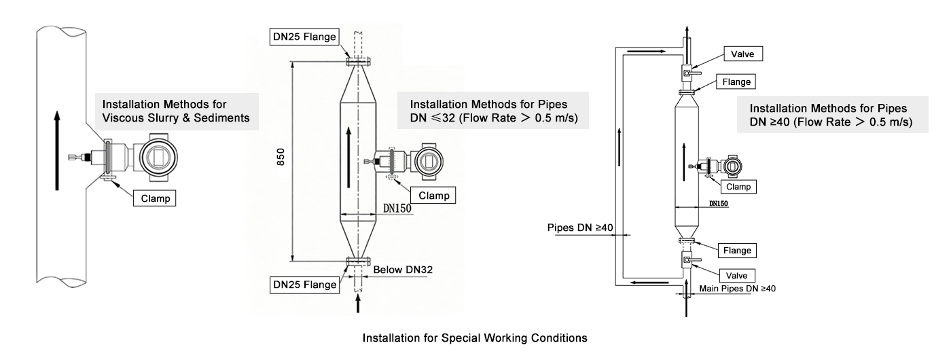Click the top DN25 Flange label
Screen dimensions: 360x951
(x=304, y=37)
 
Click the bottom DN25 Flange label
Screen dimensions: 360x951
(x=304, y=285)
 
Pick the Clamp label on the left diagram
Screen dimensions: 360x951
(x=155, y=199)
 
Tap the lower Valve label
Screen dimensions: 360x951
(x=737, y=275)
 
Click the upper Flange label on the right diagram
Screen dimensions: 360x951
(x=737, y=82)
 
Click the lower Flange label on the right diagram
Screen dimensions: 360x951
(x=737, y=251)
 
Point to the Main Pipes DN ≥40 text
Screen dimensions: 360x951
(x=737, y=288)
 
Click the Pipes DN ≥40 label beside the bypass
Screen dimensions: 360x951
(x=577, y=228)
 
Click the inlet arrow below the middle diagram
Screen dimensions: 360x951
(x=358, y=303)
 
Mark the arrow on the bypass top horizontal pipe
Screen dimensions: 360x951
(x=643, y=50)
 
